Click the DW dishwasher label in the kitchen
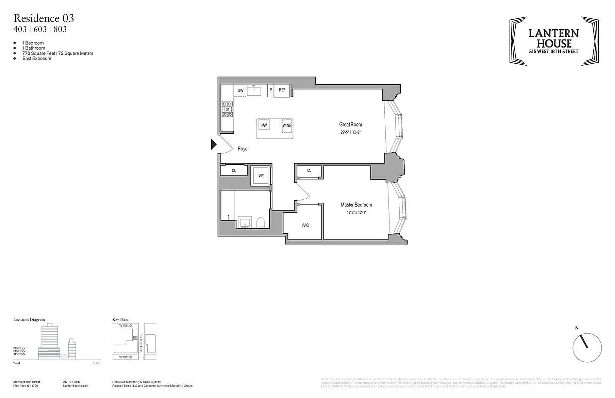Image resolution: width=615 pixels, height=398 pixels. [240, 90]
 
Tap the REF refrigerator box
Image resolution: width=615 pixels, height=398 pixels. [282, 90]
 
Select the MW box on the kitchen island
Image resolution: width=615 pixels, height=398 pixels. [264, 125]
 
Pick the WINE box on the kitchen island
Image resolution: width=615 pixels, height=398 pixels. [287, 125]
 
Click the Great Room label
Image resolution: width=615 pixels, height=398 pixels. [351, 125]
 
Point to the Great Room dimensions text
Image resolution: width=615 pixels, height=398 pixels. [351, 133]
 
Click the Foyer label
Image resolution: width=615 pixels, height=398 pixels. [243, 149]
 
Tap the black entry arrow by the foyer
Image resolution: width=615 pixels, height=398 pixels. [213, 144]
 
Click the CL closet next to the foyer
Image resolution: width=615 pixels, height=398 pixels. [234, 170]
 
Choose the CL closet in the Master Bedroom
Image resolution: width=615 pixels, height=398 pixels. [309, 171]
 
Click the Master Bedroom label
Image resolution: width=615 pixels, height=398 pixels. [356, 205]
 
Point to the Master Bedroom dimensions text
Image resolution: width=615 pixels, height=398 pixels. [356, 212]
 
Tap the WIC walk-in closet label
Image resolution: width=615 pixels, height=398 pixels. [305, 225]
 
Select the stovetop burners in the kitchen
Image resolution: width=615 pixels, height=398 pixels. [228, 109]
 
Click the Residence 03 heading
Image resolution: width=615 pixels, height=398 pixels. [44, 18]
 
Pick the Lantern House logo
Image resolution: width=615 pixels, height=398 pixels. [553, 41]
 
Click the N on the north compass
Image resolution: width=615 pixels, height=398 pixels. [577, 328]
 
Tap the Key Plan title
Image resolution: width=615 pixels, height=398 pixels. [121, 320]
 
